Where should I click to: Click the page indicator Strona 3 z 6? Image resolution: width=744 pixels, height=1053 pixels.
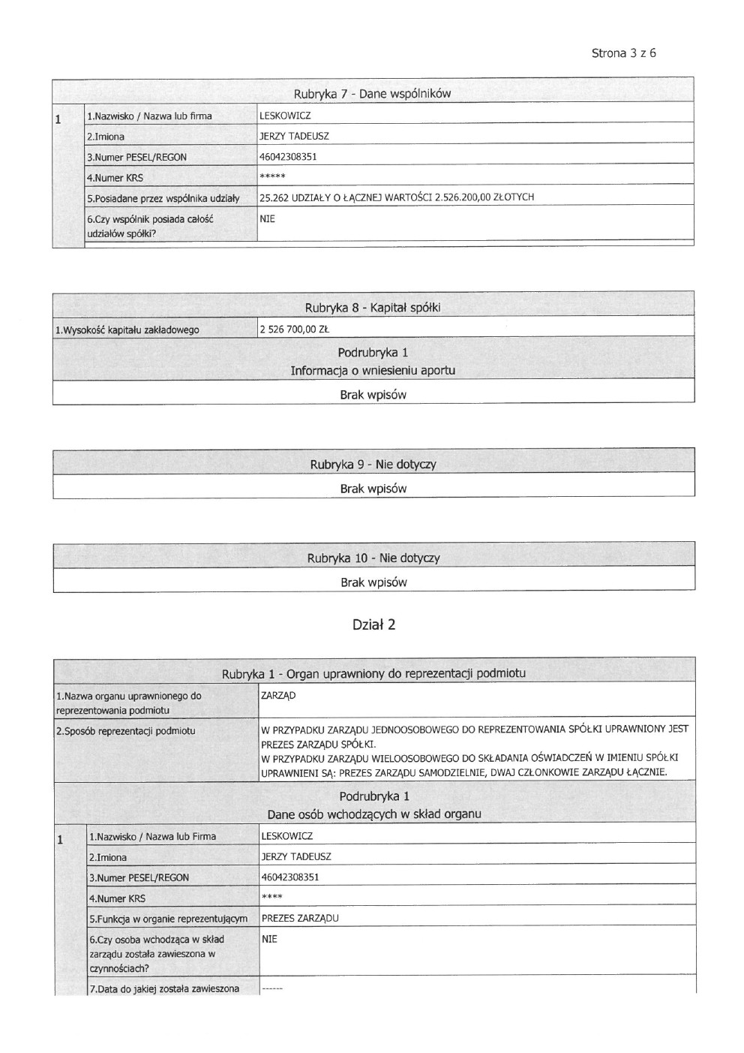click(x=624, y=53)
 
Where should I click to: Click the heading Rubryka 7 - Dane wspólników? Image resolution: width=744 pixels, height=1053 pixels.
click(x=372, y=94)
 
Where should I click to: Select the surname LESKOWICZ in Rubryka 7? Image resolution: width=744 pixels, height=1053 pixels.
click(x=285, y=116)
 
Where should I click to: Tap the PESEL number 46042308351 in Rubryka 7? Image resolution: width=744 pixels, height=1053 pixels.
click(x=288, y=157)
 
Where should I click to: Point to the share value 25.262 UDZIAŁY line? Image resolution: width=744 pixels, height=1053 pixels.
click(x=396, y=197)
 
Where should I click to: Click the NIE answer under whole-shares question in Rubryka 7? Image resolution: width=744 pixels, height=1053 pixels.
click(x=267, y=218)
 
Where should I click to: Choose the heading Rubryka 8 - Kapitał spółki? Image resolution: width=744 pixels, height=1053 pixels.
click(x=372, y=308)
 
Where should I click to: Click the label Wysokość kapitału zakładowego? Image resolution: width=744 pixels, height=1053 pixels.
click(x=127, y=329)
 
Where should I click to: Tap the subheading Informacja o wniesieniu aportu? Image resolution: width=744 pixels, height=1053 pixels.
click(x=373, y=371)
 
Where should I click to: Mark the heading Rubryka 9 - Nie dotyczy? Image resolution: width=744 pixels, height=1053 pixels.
click(x=373, y=465)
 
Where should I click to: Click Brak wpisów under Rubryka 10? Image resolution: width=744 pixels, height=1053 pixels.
click(x=373, y=582)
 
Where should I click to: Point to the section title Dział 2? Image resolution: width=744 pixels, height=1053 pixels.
click(x=373, y=624)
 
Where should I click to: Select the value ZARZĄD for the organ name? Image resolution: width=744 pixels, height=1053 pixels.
click(x=278, y=696)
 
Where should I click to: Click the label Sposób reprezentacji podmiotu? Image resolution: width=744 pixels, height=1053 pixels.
click(x=126, y=731)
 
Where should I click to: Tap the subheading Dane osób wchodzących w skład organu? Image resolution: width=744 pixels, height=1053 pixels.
click(x=373, y=814)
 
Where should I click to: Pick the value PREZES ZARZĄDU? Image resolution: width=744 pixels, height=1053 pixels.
click(x=300, y=918)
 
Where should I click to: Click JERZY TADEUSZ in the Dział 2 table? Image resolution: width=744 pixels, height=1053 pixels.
click(x=296, y=856)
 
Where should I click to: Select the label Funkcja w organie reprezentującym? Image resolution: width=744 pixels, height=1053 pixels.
click(x=168, y=919)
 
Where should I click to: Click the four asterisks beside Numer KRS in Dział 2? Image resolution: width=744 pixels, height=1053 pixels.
click(x=271, y=898)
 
